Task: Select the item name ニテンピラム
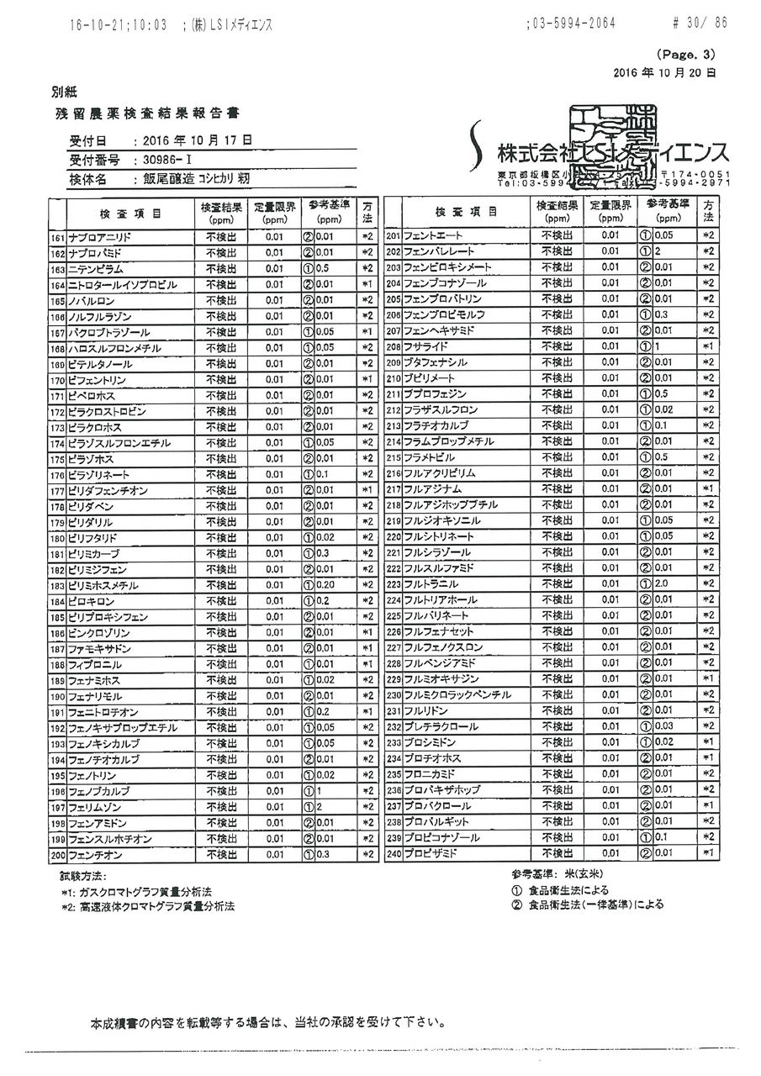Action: pos(96,269)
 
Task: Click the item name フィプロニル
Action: pos(96,664)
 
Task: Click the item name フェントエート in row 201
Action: pos(432,235)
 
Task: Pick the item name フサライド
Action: pos(425,345)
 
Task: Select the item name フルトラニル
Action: pos(431,583)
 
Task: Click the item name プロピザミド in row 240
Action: pos(430,853)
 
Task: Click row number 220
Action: pos(393,536)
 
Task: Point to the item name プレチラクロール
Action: pos(441,726)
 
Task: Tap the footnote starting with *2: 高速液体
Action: pos(147,907)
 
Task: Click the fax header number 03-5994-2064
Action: pos(572,24)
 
